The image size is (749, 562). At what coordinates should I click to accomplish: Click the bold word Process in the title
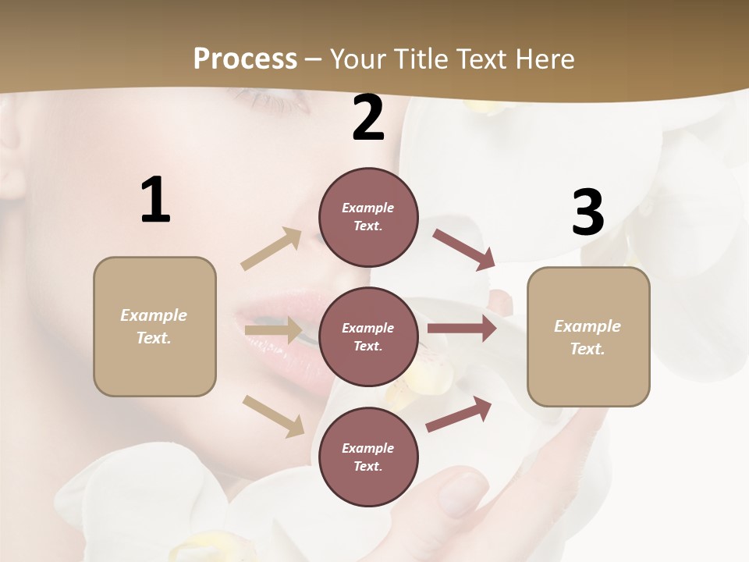(x=245, y=59)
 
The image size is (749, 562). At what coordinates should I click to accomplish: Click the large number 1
(x=155, y=200)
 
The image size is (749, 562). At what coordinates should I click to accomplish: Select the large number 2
(x=368, y=118)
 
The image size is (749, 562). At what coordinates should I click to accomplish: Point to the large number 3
(x=587, y=212)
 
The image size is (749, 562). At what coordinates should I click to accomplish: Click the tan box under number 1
(x=154, y=326)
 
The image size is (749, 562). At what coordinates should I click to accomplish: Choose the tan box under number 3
(x=588, y=337)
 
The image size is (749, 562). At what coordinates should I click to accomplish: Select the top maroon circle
(x=368, y=217)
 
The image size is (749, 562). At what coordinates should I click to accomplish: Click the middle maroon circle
(x=368, y=337)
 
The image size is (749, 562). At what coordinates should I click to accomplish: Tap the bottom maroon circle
(x=368, y=457)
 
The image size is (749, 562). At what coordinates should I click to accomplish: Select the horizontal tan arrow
(x=273, y=330)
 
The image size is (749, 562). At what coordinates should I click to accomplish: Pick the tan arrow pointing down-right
(x=274, y=415)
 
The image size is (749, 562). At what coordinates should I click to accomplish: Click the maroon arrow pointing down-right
(x=463, y=249)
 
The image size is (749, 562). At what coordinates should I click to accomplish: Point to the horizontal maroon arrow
(x=462, y=329)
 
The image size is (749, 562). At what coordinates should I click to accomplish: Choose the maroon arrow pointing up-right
(x=460, y=414)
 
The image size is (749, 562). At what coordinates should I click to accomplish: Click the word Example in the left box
(x=154, y=315)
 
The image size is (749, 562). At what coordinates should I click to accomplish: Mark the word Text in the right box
(x=587, y=349)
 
